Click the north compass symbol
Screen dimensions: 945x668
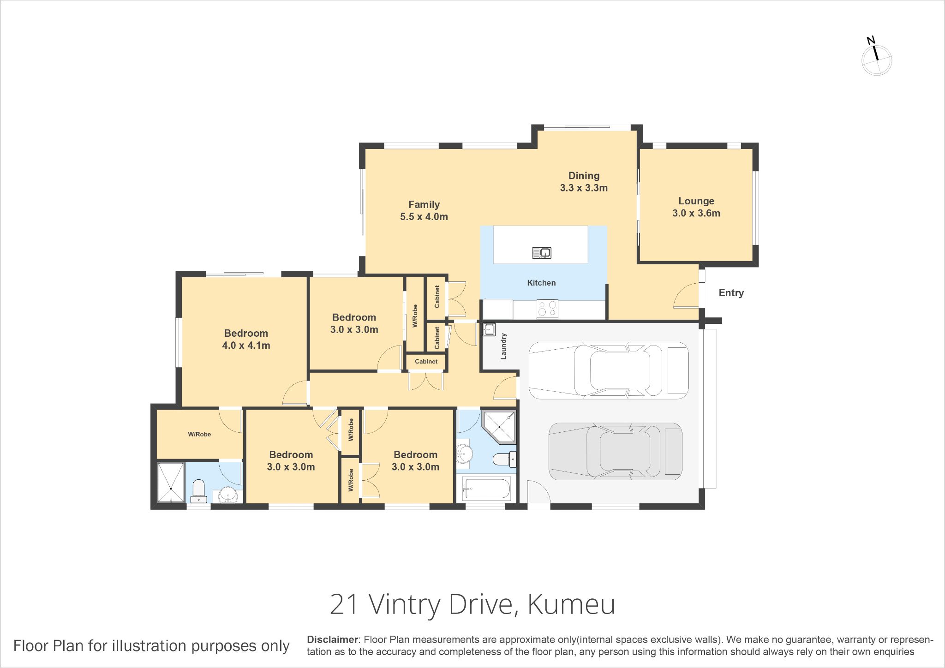click(876, 57)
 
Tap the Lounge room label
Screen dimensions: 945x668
click(696, 207)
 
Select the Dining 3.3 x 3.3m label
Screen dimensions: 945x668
click(584, 182)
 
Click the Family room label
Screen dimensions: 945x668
click(424, 210)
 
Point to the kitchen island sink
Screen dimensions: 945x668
click(542, 253)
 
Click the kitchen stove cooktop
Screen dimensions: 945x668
click(547, 309)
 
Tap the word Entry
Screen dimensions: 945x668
click(731, 293)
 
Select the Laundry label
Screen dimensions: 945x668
click(503, 346)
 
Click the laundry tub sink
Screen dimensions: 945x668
click(489, 329)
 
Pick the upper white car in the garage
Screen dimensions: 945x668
click(609, 370)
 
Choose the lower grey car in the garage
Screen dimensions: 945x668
click(616, 451)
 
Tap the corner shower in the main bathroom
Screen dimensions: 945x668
click(499, 427)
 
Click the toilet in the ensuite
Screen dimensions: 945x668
click(198, 491)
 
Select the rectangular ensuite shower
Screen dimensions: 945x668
click(171, 482)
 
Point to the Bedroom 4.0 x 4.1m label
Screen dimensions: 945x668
click(246, 339)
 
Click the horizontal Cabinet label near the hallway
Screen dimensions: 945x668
click(426, 362)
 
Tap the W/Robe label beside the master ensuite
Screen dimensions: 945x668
click(199, 434)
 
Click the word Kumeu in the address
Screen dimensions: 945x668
click(571, 604)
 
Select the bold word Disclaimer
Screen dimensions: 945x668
click(333, 640)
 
